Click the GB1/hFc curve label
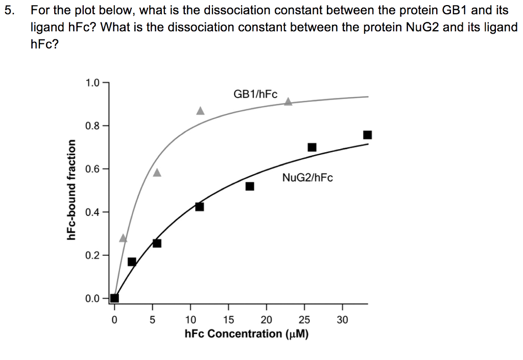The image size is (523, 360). tap(255, 94)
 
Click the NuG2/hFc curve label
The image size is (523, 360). tap(307, 178)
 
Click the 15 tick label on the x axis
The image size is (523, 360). tap(228, 320)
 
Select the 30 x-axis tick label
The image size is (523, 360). tap(342, 320)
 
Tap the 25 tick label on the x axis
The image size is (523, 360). tap(304, 320)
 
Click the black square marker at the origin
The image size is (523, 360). tap(114, 298)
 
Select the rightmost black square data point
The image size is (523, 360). tap(367, 135)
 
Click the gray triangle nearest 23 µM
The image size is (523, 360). tap(288, 101)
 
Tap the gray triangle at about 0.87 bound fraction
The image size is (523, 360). tap(200, 111)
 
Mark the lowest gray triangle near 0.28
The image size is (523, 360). tap(123, 238)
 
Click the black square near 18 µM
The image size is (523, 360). tap(250, 186)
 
